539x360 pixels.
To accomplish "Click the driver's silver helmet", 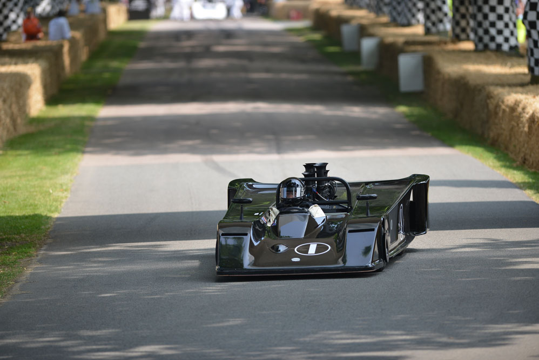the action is pos(292,190).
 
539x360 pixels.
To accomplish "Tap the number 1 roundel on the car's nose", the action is pos(312,249).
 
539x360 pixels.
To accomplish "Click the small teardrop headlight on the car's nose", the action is pos(279,248).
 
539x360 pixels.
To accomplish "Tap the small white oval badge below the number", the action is pos(295,259).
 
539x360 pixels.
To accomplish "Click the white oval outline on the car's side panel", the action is pos(401,223).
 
